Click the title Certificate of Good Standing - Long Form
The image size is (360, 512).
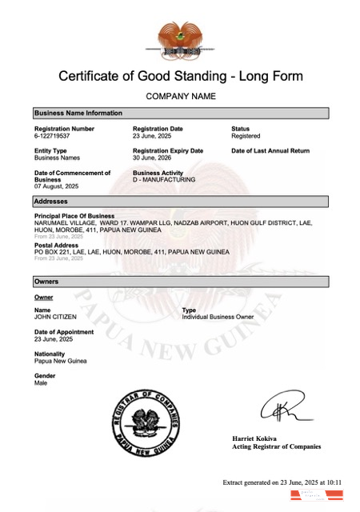[180, 77]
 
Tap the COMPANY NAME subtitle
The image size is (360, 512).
[180, 97]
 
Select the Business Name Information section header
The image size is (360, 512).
[78, 114]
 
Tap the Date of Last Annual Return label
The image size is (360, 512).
[270, 150]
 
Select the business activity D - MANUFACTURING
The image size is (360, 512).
[164, 180]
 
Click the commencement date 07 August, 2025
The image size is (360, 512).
[57, 187]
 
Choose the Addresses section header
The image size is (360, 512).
[51, 201]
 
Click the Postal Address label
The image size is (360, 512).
[56, 245]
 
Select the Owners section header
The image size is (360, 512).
[47, 282]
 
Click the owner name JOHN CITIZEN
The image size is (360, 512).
[55, 317]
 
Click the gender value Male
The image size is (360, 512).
[41, 383]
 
